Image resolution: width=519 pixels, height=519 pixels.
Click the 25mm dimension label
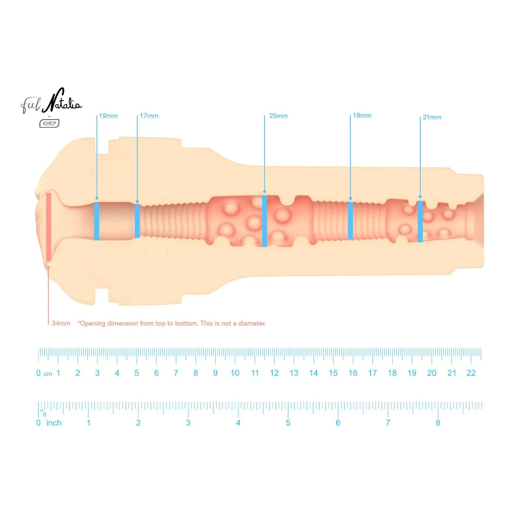pyautogui.click(x=278, y=116)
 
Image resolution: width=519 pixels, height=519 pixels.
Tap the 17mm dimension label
pyautogui.click(x=149, y=116)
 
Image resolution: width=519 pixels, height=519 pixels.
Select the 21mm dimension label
pyautogui.click(x=432, y=117)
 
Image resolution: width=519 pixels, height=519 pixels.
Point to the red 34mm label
pyautogui.click(x=61, y=323)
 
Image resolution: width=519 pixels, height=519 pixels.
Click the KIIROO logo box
pyautogui.click(x=49, y=124)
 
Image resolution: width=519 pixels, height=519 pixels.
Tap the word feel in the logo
pyautogui.click(x=31, y=106)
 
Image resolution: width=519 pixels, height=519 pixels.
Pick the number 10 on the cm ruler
pyautogui.click(x=235, y=373)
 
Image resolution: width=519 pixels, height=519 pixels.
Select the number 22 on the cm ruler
pyautogui.click(x=471, y=373)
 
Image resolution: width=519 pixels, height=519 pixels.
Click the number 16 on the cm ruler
pyautogui.click(x=353, y=373)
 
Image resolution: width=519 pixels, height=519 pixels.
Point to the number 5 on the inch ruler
pyautogui.click(x=288, y=423)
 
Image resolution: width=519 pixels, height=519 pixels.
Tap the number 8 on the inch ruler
pyautogui.click(x=438, y=423)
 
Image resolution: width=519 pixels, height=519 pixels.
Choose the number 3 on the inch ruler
pyautogui.click(x=188, y=423)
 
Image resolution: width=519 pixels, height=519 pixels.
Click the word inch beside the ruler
pyautogui.click(x=54, y=423)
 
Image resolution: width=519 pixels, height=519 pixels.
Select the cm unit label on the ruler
pyautogui.click(x=48, y=374)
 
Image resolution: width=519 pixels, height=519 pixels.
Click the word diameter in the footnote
pyautogui.click(x=252, y=323)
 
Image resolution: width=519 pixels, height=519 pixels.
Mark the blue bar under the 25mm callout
pyautogui.click(x=265, y=221)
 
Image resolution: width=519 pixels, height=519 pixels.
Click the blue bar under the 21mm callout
pyautogui.click(x=420, y=221)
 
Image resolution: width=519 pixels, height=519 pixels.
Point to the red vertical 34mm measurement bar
pyautogui.click(x=48, y=227)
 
